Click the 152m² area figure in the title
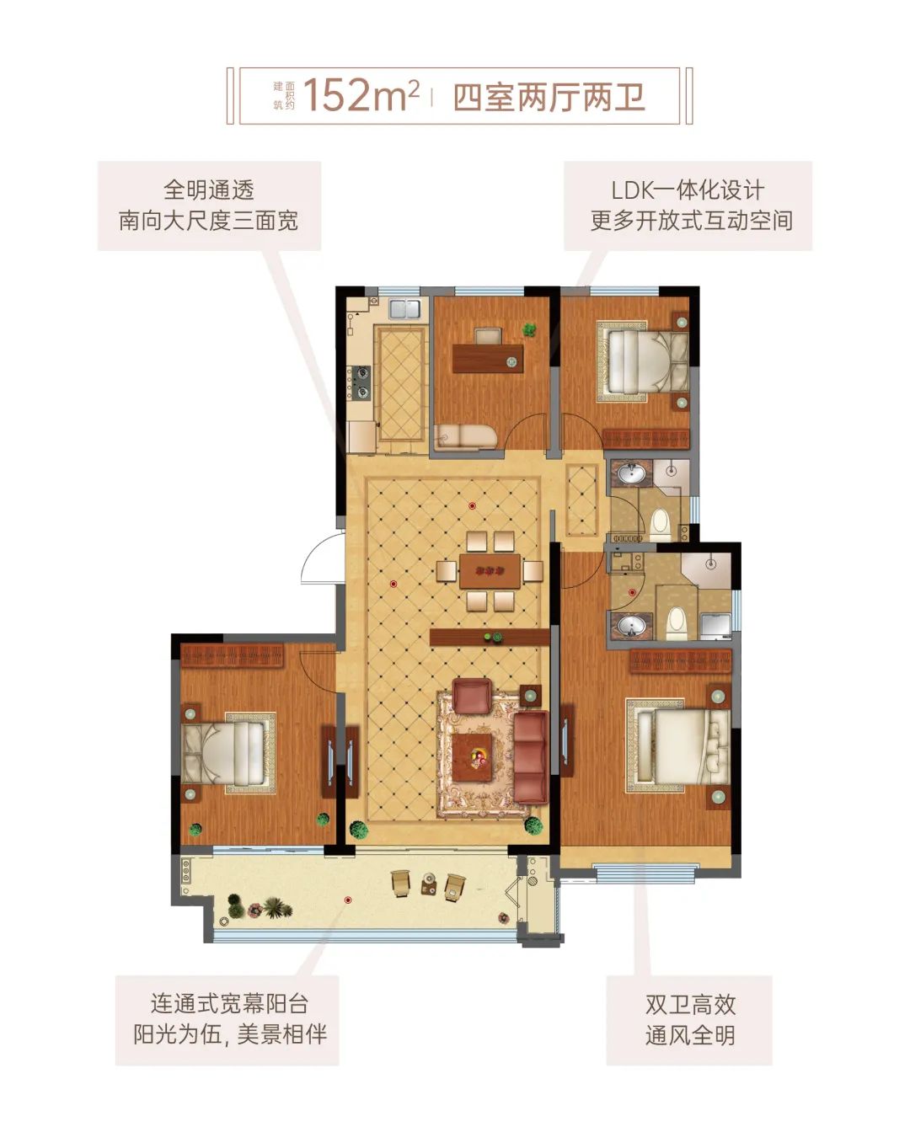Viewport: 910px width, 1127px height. click(361, 95)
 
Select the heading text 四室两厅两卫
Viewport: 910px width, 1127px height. click(549, 97)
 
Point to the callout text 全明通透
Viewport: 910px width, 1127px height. click(208, 190)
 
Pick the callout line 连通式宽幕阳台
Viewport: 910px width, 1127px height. click(229, 1003)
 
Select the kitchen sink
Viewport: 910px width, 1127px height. click(404, 307)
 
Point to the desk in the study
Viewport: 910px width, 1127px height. click(487, 358)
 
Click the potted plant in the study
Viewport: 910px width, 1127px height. click(529, 329)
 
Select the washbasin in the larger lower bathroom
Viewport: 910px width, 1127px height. click(631, 624)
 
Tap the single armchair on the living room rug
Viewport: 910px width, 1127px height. click(472, 696)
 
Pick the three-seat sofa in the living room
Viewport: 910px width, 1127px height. click(530, 756)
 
